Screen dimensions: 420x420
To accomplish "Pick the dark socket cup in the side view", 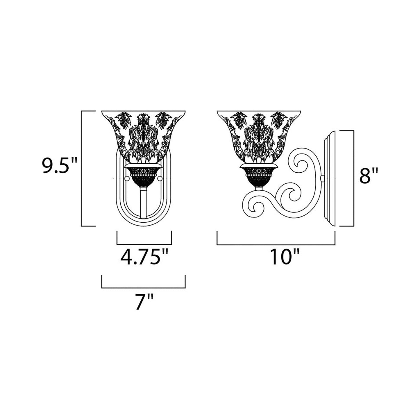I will point(258,176).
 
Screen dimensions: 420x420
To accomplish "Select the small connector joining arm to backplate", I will point(322,178).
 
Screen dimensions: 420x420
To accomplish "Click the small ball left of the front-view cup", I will point(126,178).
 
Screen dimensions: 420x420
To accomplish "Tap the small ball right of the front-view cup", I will point(161,178).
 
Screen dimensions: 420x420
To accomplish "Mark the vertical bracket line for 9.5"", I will point(82,168).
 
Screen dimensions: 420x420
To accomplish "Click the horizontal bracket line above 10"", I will point(276,244).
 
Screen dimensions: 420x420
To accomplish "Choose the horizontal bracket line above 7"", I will point(144,288).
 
